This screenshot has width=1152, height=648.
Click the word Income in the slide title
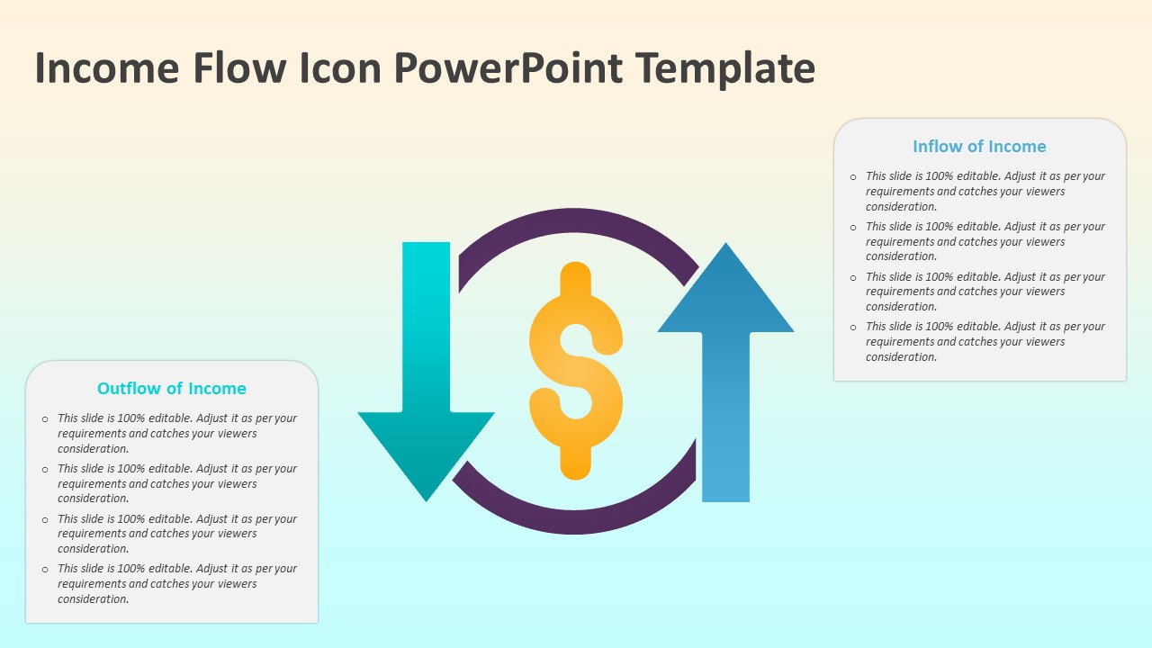(x=105, y=68)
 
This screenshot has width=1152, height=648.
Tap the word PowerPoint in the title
(x=507, y=68)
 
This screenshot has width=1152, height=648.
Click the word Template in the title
(x=724, y=68)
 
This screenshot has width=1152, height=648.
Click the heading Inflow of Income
(x=979, y=147)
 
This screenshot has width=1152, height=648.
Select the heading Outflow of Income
(x=172, y=389)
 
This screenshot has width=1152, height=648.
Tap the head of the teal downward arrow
(x=426, y=450)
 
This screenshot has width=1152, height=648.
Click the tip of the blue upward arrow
(x=725, y=252)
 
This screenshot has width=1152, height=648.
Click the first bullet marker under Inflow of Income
(x=853, y=177)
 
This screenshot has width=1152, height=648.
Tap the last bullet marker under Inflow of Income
(x=853, y=328)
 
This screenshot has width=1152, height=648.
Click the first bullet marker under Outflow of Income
(x=45, y=419)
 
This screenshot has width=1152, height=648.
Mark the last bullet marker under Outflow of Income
(x=45, y=570)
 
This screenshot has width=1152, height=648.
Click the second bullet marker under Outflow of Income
(x=45, y=470)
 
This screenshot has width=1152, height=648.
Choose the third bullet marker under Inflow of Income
(x=853, y=277)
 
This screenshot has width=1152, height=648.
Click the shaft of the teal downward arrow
(x=426, y=324)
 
